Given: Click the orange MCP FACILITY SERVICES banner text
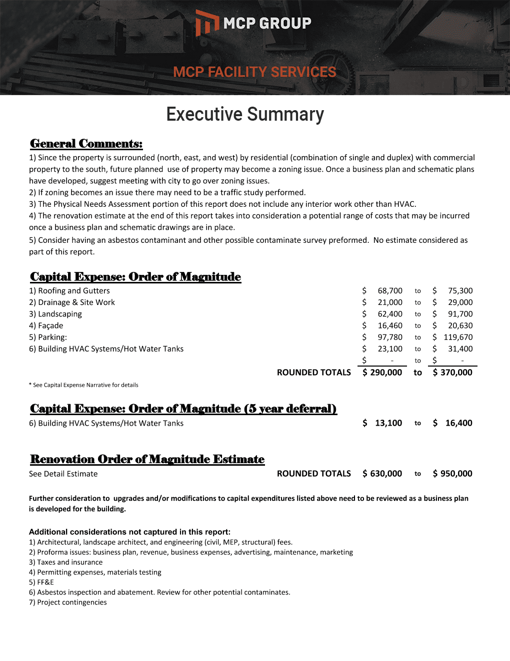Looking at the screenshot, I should click(x=254, y=72).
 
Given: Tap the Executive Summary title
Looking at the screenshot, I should click(x=245, y=114).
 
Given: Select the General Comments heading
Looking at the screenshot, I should click(x=86, y=144).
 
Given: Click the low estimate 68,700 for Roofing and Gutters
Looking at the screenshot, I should click(x=389, y=291).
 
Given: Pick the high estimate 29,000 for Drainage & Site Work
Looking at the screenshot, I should click(x=460, y=302).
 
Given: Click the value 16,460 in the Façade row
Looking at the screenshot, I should click(x=389, y=325).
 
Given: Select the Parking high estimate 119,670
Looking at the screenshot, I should click(x=457, y=338).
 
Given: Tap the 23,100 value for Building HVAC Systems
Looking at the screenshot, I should click(x=389, y=349).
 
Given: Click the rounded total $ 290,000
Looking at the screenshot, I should click(x=382, y=373).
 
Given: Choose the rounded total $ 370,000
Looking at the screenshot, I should click(x=452, y=373).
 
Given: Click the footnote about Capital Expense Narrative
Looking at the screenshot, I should click(x=83, y=385).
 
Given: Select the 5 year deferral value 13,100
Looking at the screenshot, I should click(x=388, y=423).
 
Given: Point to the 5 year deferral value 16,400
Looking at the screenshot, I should click(x=458, y=423).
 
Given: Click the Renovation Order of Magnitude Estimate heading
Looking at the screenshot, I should click(x=147, y=459).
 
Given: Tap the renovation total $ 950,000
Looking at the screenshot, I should click(x=452, y=474).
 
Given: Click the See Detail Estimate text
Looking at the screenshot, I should click(x=63, y=474).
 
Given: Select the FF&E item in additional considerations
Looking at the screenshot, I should click(x=41, y=582).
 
